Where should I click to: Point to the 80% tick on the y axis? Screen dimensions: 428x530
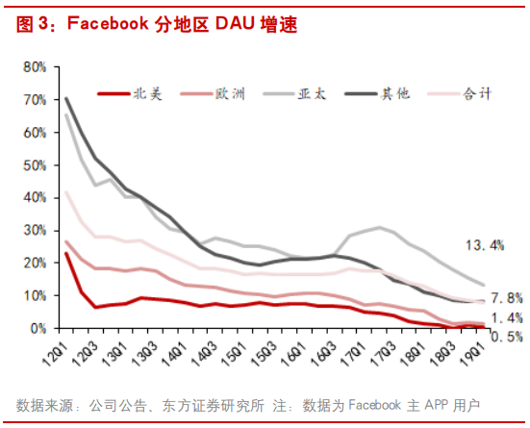point(35,66)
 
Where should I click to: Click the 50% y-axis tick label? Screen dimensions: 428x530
point(35,164)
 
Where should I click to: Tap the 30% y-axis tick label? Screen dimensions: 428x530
point(35,230)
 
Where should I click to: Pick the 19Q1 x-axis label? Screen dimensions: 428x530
point(473,352)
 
